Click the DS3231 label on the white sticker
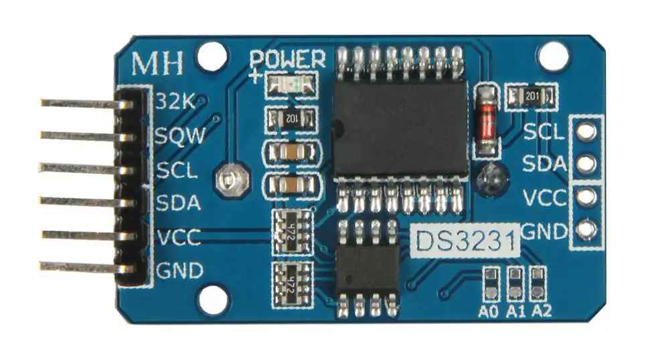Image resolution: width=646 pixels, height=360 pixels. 465,241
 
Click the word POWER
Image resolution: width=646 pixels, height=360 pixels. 288,60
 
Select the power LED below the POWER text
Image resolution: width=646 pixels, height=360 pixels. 291,85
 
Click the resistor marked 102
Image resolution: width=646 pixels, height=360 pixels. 291,119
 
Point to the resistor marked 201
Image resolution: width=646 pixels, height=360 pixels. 532,97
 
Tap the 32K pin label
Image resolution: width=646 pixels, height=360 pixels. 175,100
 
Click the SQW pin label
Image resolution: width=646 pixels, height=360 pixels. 181,135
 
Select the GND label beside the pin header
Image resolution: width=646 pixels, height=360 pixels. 180,270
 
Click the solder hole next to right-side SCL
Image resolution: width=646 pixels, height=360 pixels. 586,131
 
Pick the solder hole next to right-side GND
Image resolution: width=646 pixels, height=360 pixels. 586,230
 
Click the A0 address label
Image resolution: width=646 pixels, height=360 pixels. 489,312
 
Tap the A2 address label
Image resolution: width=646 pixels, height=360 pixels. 542,311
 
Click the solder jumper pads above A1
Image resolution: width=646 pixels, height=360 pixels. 515,284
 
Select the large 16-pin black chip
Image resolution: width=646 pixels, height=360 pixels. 400,128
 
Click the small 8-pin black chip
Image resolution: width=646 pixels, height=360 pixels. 368,268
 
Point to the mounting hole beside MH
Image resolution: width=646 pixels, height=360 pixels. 212,56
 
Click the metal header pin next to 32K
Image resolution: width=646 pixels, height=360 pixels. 86,103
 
